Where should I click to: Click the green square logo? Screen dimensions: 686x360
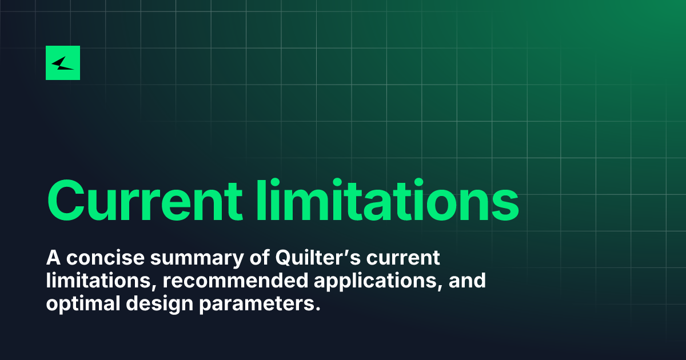click(63, 63)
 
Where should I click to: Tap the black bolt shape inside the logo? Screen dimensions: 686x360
click(63, 63)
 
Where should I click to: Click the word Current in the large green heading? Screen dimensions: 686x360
click(145, 200)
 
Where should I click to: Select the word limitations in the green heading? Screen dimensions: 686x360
click(388, 199)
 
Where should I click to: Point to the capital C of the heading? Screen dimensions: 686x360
click(66, 200)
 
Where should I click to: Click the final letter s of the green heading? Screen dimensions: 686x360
click(504, 205)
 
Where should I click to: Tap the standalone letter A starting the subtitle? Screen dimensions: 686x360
click(53, 258)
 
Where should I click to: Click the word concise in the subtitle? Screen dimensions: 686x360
click(105, 258)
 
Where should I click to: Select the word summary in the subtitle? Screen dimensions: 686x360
click(197, 259)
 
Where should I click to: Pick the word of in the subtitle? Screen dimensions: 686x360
click(260, 258)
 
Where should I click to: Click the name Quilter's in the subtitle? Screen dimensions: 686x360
click(318, 258)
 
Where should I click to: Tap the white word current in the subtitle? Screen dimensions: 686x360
click(404, 258)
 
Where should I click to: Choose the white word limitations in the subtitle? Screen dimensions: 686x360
click(101, 281)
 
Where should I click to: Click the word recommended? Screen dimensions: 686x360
click(235, 281)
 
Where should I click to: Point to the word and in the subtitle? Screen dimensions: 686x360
click(467, 281)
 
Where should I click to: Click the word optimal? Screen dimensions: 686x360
click(83, 303)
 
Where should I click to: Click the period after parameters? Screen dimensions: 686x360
click(318, 309)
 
